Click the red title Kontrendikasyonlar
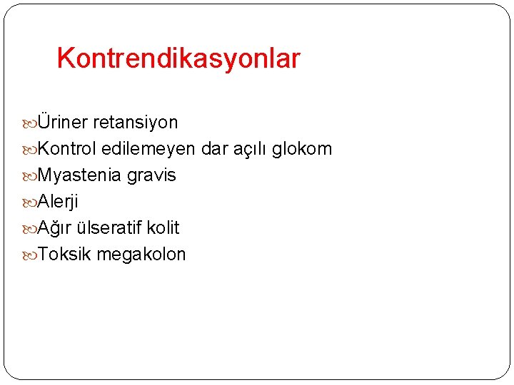(178, 58)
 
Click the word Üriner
(63, 123)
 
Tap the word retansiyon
(136, 123)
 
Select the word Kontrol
(67, 149)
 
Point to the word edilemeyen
(148, 149)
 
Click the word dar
(213, 149)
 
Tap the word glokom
(302, 149)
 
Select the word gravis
(151, 175)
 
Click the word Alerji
(58, 202)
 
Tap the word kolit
(163, 228)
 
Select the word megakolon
(141, 255)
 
